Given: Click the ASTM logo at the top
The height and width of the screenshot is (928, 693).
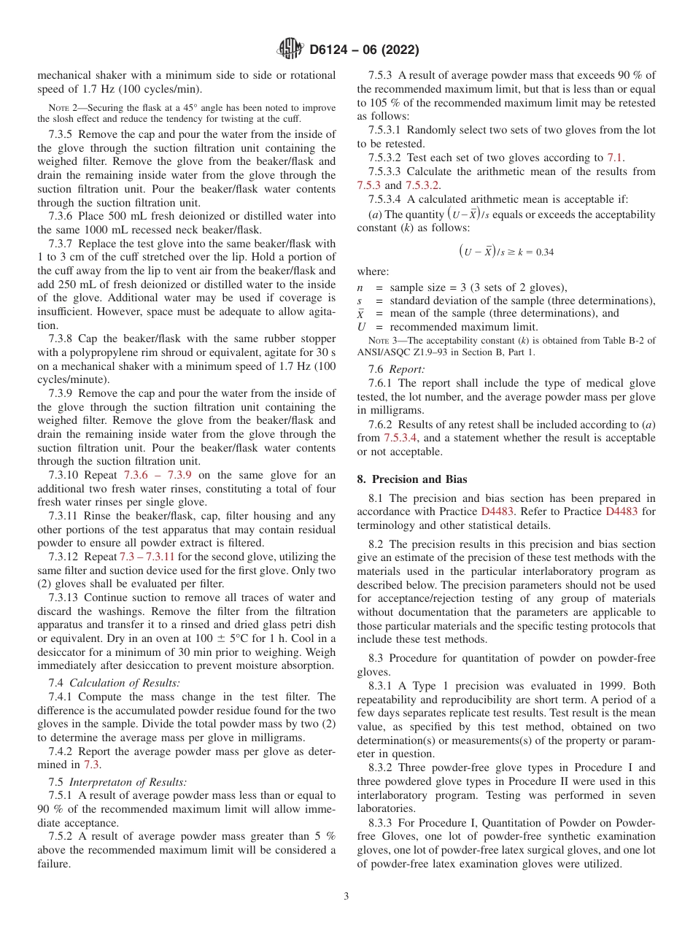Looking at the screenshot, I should coord(290,50).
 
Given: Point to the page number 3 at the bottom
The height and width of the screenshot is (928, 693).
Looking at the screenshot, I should coord(346,897).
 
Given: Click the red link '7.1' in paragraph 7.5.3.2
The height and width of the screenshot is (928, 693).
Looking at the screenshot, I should coord(615,158).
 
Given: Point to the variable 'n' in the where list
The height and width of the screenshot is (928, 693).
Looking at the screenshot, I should coord(360,287).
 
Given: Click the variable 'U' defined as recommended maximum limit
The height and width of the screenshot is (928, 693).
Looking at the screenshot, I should coord(361,327).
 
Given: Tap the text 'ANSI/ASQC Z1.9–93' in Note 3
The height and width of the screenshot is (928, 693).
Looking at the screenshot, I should coord(406,352).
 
